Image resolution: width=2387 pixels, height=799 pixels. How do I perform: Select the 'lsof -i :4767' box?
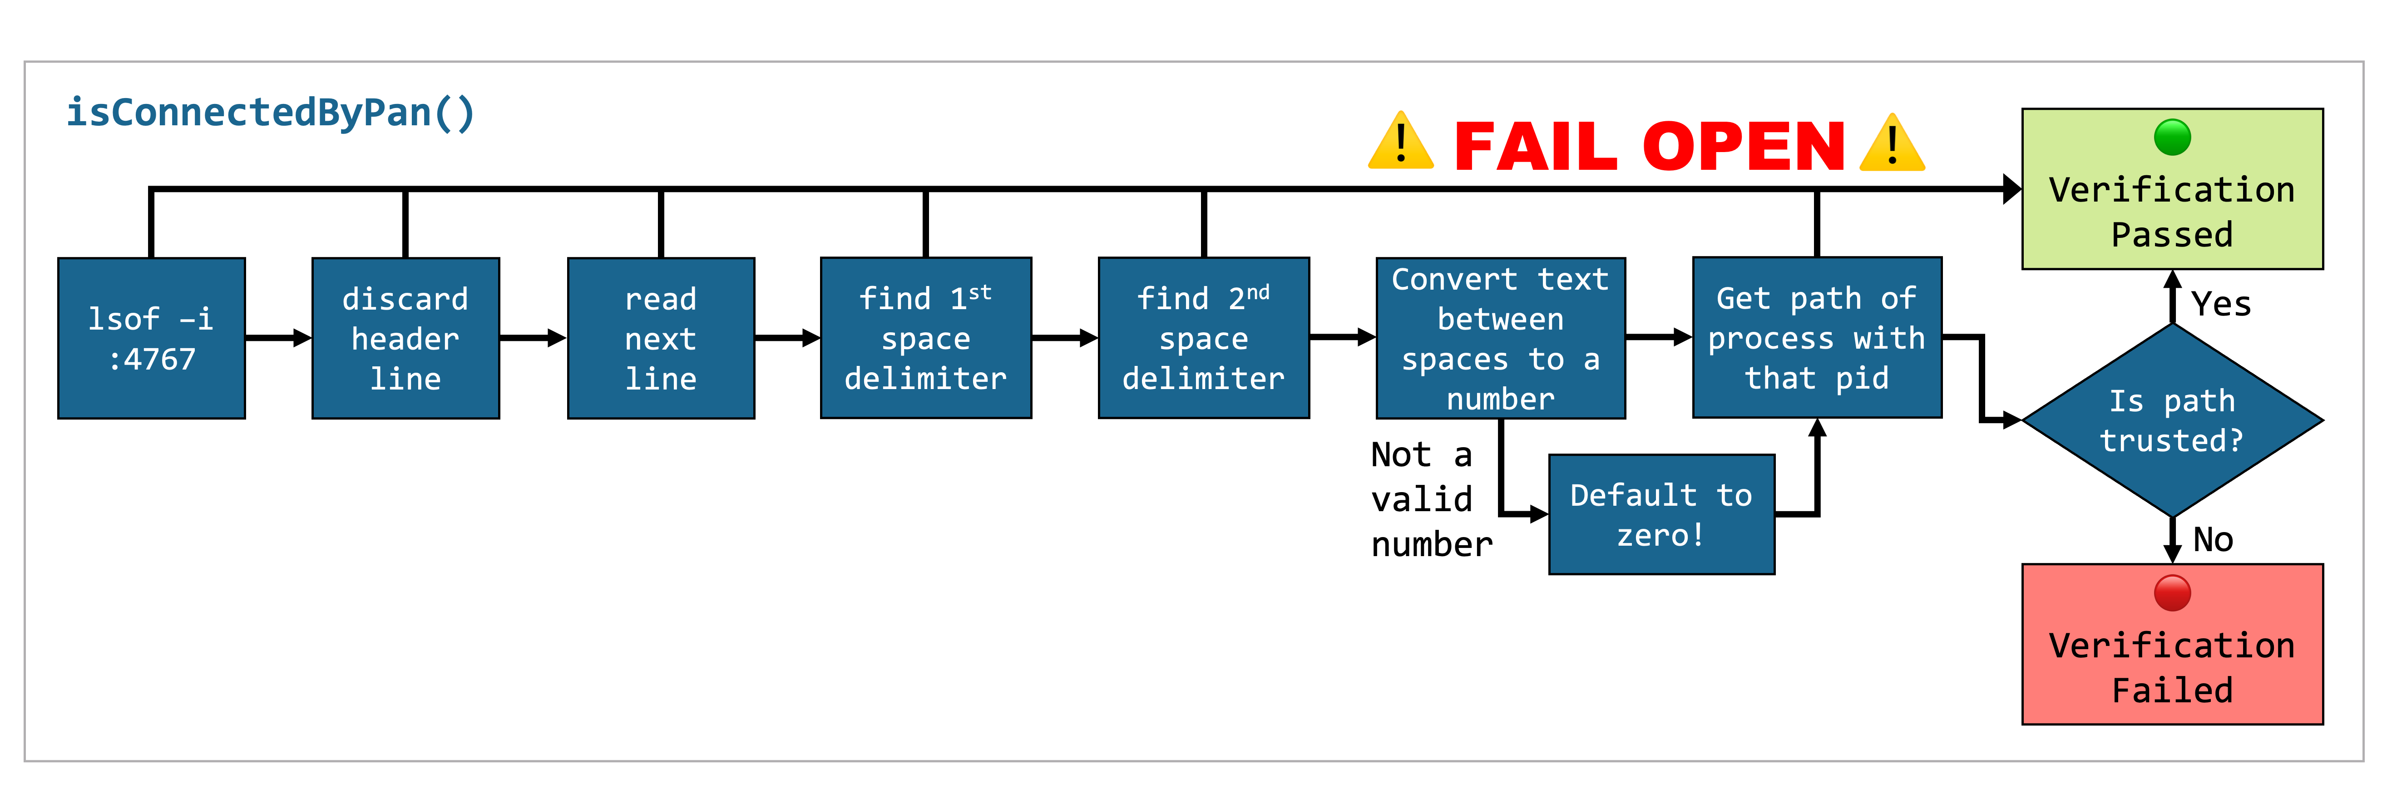pyautogui.click(x=151, y=338)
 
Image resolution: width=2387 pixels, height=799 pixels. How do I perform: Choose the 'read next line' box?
pyautogui.click(x=661, y=338)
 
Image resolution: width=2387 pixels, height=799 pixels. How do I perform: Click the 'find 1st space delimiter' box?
pyautogui.click(x=926, y=338)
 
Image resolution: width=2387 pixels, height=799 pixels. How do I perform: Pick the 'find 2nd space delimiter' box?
pyautogui.click(x=1204, y=338)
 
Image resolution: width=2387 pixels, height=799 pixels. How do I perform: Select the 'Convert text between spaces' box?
pyautogui.click(x=1500, y=338)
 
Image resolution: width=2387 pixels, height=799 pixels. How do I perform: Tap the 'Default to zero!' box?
pyautogui.click(x=1661, y=514)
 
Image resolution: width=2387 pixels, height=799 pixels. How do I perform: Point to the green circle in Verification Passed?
pyautogui.click(x=2172, y=137)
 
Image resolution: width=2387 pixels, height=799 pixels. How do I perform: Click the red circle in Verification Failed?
pyautogui.click(x=2172, y=593)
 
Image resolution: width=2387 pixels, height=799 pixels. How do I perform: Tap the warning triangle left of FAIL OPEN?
pyautogui.click(x=1401, y=143)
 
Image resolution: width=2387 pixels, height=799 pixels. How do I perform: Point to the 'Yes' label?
pyautogui.click(x=2221, y=304)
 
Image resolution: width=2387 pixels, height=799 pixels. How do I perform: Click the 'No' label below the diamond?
pyautogui.click(x=2213, y=539)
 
